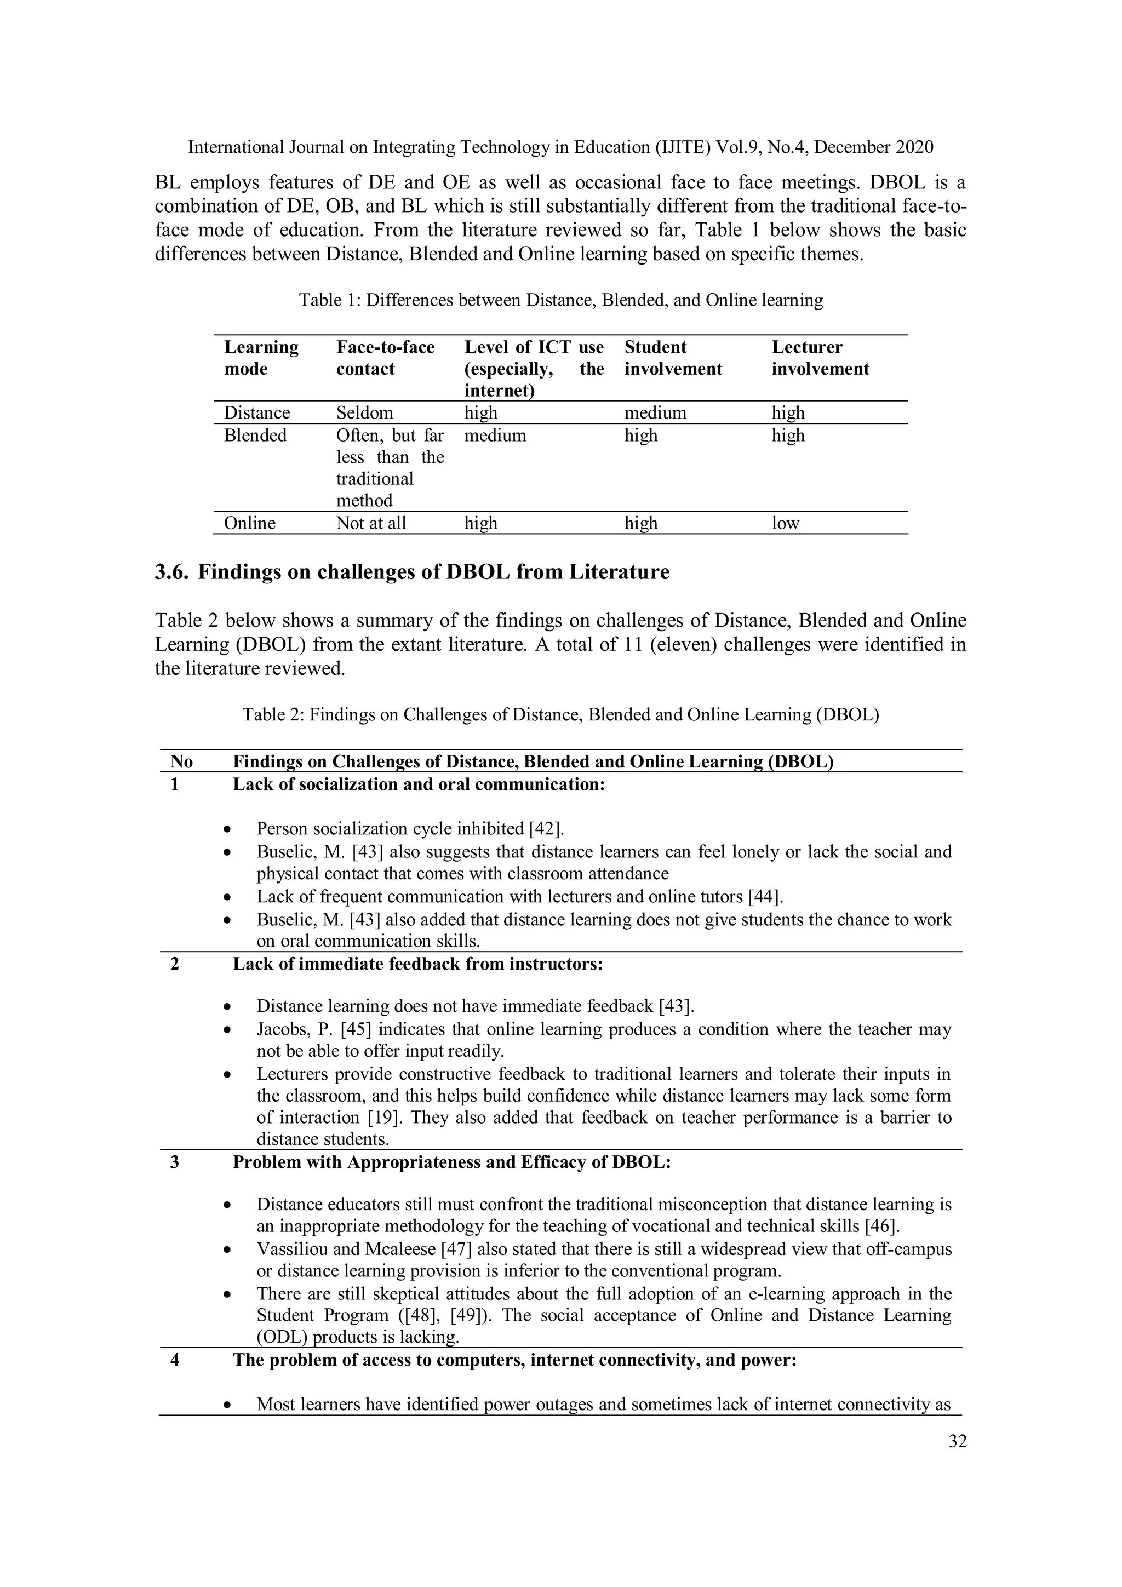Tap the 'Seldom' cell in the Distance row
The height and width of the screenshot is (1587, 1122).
tap(364, 412)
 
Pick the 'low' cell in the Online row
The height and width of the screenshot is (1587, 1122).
tap(785, 523)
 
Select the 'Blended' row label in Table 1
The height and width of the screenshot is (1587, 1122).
tap(255, 436)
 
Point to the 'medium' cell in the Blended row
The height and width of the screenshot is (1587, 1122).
tap(495, 436)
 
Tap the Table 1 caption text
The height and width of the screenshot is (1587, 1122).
tap(560, 300)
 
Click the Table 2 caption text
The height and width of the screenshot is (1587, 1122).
tap(560, 714)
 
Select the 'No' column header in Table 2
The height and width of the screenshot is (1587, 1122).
tap(182, 761)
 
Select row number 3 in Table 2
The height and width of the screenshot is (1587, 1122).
tap(175, 1162)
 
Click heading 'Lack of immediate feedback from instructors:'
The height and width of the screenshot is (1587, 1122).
tap(417, 964)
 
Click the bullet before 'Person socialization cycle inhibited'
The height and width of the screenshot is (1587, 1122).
tap(227, 829)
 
